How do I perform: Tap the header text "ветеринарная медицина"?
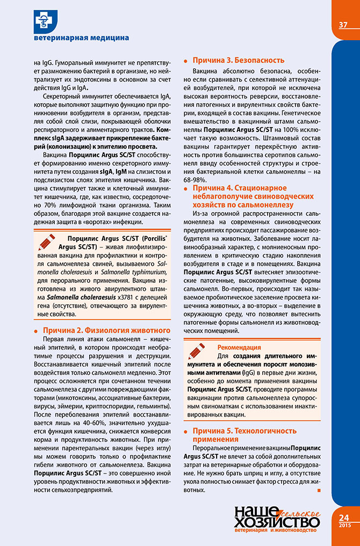click(81, 39)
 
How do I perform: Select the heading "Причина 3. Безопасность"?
click(239, 60)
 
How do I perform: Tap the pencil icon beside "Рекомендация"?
click(197, 353)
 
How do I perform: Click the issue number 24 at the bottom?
click(344, 517)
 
